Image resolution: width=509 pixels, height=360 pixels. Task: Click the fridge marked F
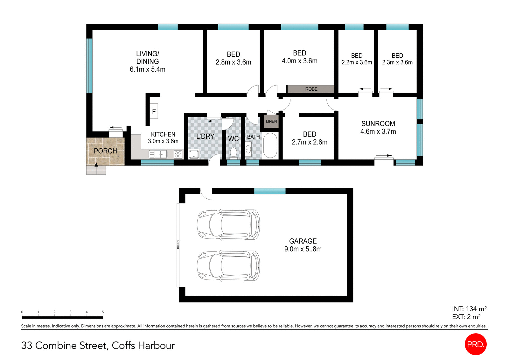154,111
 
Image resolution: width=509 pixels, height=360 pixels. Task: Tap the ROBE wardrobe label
311,89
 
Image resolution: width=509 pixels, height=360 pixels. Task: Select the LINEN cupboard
271,121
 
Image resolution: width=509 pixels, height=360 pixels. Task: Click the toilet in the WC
233,153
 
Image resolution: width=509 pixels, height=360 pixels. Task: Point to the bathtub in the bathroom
270,145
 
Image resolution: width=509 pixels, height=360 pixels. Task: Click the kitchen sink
158,154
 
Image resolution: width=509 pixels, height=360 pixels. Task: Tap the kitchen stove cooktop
178,154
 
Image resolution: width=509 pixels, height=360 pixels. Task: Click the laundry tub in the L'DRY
194,154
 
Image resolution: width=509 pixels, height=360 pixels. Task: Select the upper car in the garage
228,225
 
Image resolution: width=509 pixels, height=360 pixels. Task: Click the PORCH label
105,151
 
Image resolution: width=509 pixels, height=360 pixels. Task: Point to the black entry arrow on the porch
96,164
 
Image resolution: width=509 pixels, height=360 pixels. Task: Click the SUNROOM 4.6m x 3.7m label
378,127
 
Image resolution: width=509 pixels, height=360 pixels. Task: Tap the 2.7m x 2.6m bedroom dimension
309,142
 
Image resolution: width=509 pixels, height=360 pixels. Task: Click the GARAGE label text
303,241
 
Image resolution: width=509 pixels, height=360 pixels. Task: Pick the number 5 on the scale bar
103,312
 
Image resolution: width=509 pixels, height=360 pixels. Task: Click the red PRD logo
476,344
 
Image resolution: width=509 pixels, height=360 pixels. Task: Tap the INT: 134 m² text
469,309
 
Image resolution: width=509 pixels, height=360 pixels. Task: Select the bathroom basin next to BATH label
248,149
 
